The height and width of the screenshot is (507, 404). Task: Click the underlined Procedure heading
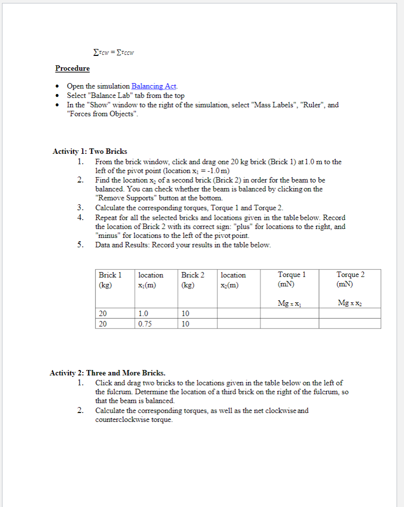click(72, 68)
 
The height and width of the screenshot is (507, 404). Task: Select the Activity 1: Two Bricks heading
click(90, 151)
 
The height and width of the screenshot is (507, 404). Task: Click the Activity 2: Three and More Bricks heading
click(107, 373)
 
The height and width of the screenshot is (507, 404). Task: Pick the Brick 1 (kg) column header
click(110, 279)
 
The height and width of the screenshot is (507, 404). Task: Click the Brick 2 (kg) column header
click(193, 279)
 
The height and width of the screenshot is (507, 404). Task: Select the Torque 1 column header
click(292, 279)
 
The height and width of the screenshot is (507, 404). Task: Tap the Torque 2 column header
click(350, 279)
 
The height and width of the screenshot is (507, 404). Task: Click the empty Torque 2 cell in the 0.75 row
click(350, 323)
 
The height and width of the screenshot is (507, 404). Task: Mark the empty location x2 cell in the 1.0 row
click(238, 313)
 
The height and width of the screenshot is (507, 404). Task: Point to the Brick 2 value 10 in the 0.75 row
click(185, 323)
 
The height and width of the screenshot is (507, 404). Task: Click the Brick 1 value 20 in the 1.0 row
click(103, 313)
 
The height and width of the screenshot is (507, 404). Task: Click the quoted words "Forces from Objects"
click(103, 114)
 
